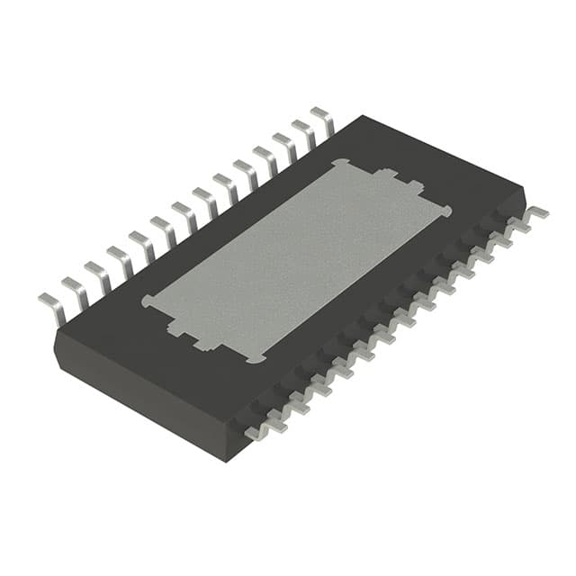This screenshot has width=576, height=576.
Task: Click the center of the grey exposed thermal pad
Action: tap(297, 261)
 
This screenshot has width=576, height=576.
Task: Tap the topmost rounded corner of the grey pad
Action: tap(339, 164)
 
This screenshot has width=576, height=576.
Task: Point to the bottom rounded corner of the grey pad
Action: tap(256, 358)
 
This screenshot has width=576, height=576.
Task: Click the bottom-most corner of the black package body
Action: tap(225, 459)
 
